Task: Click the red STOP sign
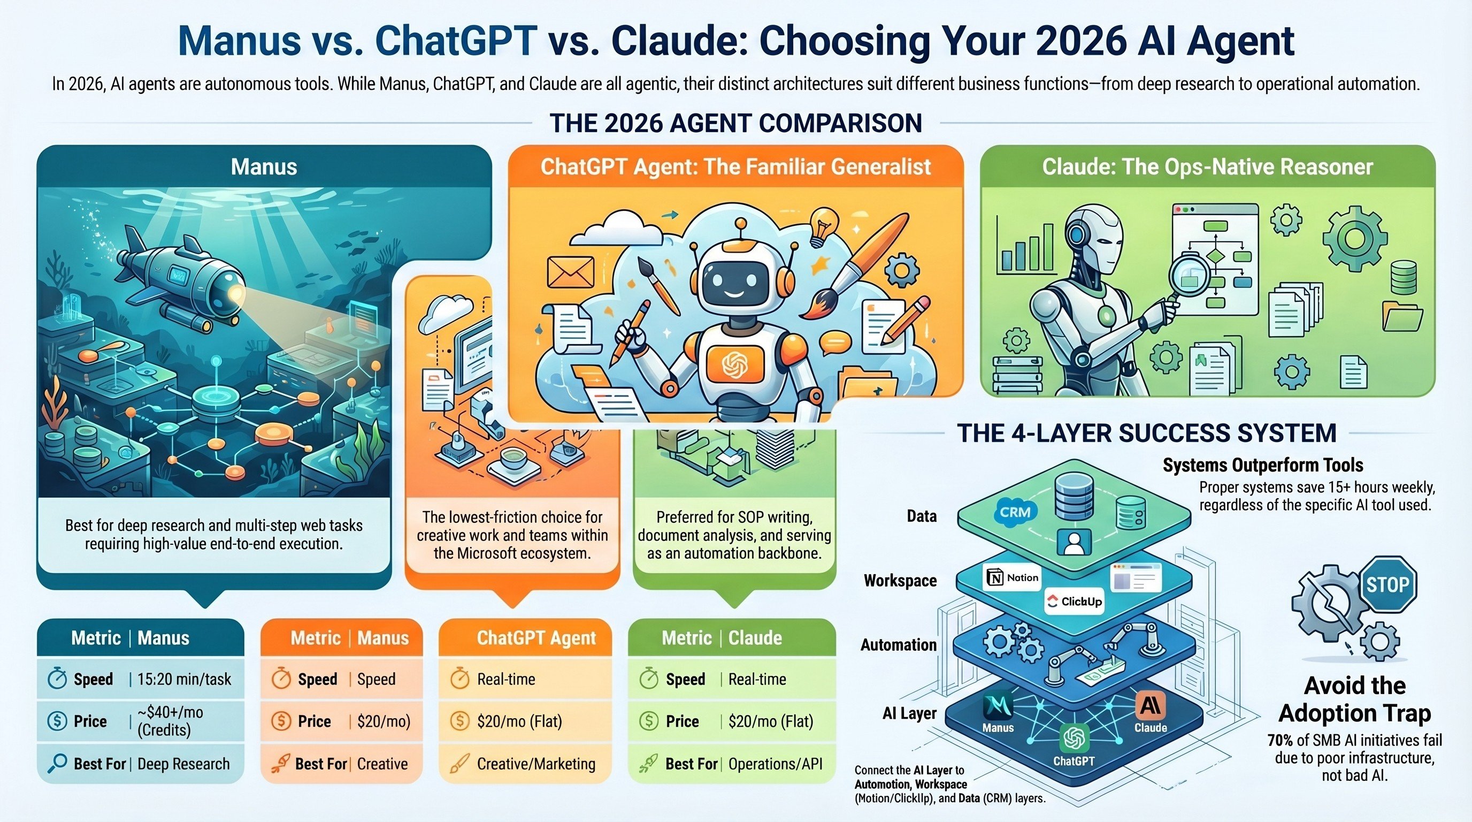coord(1388,585)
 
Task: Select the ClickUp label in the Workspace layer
coord(1074,602)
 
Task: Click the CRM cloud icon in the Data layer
coord(1015,512)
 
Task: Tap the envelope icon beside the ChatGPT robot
coord(570,272)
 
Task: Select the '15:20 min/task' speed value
coord(184,679)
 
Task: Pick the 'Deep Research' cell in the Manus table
coord(183,764)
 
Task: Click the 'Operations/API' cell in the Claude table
coord(776,764)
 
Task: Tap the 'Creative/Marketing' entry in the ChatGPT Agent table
coord(536,764)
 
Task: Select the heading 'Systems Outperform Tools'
coord(1263,465)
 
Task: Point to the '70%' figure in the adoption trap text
coord(1280,740)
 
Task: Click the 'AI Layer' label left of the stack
coord(909,713)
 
